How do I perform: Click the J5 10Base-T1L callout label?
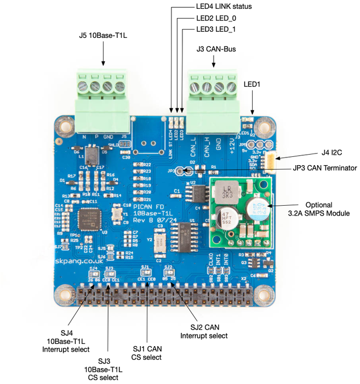[x=102, y=37]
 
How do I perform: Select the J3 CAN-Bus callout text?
[x=215, y=49]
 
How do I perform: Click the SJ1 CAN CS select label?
[x=147, y=353]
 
